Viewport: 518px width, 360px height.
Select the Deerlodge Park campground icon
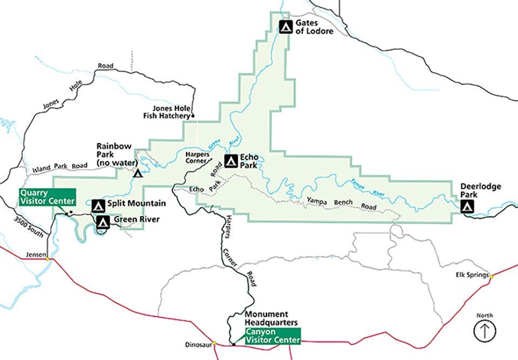[x=467, y=206]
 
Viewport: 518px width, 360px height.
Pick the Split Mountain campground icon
[x=98, y=205]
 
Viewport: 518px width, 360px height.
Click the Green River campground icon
[x=103, y=221]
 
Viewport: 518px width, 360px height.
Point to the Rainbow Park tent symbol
[x=138, y=173]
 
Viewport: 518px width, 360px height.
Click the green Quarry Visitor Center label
[x=47, y=196]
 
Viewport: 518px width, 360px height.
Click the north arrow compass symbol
[x=484, y=330]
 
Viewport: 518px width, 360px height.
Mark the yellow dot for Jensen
[x=47, y=259]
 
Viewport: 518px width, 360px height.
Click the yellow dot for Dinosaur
[x=214, y=343]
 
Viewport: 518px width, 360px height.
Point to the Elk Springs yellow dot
[x=491, y=276]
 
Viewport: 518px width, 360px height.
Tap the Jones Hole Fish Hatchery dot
[x=193, y=116]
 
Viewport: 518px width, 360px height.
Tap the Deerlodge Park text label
[x=480, y=191]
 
